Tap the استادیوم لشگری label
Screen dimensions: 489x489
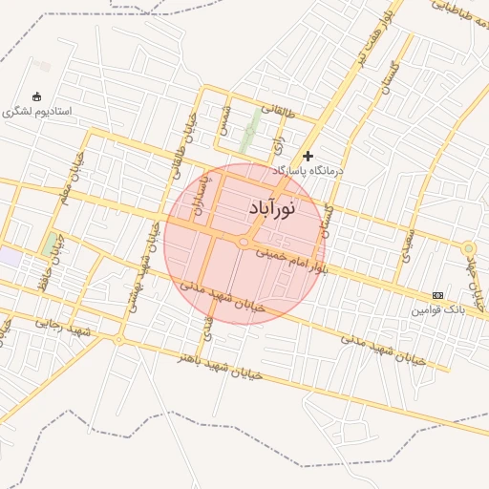37,111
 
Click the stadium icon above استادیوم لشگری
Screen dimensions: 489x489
37,96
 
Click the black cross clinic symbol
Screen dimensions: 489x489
308,156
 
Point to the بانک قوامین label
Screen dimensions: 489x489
437,309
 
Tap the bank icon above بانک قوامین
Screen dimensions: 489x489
437,295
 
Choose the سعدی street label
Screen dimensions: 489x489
409,244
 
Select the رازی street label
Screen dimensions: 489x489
279,143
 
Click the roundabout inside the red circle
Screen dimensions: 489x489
244,244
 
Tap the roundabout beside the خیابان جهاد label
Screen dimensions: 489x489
468,249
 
